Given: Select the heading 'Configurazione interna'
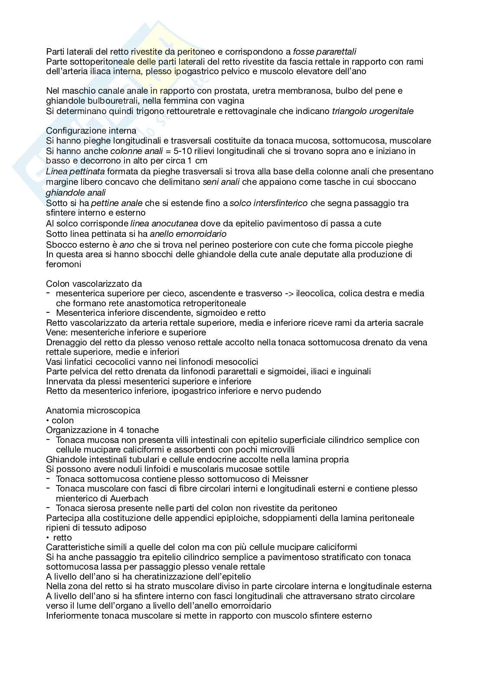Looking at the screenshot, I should [91, 131].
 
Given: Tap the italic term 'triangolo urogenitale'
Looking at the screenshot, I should [373, 111].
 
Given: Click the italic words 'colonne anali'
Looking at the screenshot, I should [135, 151].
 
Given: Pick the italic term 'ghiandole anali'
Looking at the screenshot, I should [76, 193].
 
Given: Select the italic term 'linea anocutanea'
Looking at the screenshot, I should [164, 224].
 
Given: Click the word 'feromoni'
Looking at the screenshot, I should [63, 264].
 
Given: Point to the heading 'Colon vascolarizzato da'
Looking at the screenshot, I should [94, 284].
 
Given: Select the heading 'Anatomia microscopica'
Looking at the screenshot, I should [93, 410].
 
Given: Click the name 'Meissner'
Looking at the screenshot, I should [290, 479].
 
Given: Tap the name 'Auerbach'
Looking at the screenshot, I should [130, 498].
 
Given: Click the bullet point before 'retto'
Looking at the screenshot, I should [48, 538].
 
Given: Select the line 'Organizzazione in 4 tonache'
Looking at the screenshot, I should [102, 430].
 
